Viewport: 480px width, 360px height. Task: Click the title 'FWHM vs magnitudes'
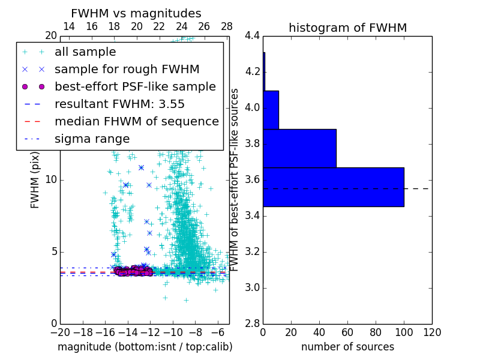136,13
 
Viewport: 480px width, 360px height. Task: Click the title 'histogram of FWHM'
347,28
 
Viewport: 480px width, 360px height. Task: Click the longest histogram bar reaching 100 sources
333,187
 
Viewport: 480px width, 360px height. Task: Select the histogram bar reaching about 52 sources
299,148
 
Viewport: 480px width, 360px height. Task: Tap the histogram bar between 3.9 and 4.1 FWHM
271,110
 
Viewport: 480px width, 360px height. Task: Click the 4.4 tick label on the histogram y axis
251,36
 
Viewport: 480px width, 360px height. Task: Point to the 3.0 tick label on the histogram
251,287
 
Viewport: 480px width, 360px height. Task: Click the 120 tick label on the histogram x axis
431,332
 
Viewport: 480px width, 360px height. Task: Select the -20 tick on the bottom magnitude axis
60,332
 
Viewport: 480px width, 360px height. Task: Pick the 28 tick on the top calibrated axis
227,26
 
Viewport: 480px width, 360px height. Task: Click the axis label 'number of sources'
347,347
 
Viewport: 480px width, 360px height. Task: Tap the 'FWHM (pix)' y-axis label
35,181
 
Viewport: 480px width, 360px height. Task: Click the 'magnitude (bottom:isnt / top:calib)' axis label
145,347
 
